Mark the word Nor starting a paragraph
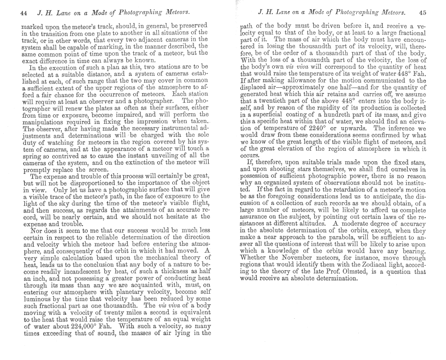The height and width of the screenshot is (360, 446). coord(31,230)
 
